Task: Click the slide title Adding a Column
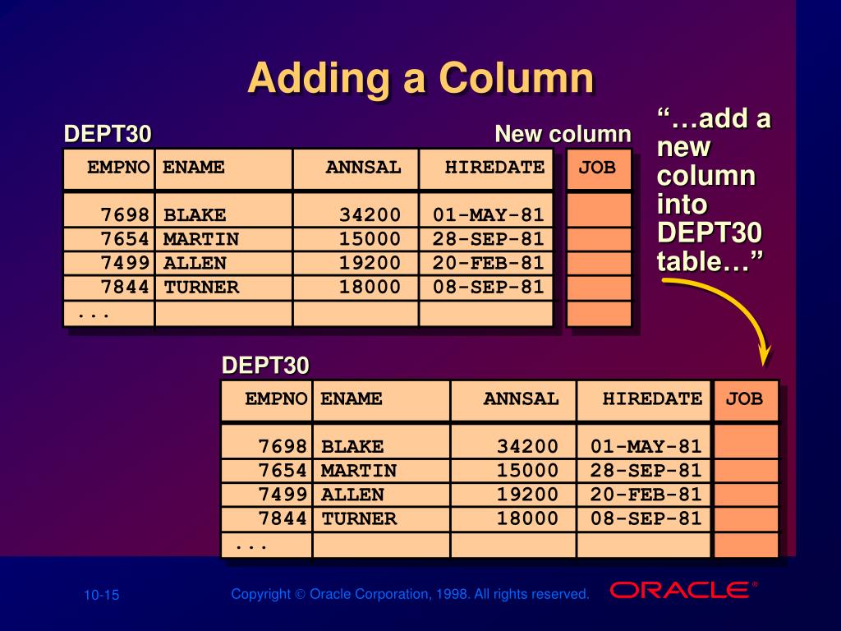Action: click(x=420, y=79)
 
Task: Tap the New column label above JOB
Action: click(x=563, y=134)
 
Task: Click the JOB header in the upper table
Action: click(x=597, y=168)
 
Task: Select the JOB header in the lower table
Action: click(x=744, y=399)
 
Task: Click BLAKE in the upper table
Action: click(x=195, y=215)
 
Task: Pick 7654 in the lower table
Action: click(x=283, y=471)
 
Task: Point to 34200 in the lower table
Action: click(x=527, y=446)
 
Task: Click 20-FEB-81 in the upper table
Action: click(x=488, y=263)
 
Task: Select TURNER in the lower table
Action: click(x=359, y=519)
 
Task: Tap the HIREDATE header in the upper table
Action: click(x=494, y=168)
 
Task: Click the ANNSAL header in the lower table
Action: click(x=521, y=399)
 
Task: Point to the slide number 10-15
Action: click(x=101, y=595)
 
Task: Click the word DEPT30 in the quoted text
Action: click(x=709, y=233)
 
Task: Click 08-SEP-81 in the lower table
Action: click(x=646, y=519)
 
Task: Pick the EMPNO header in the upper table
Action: click(x=119, y=168)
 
